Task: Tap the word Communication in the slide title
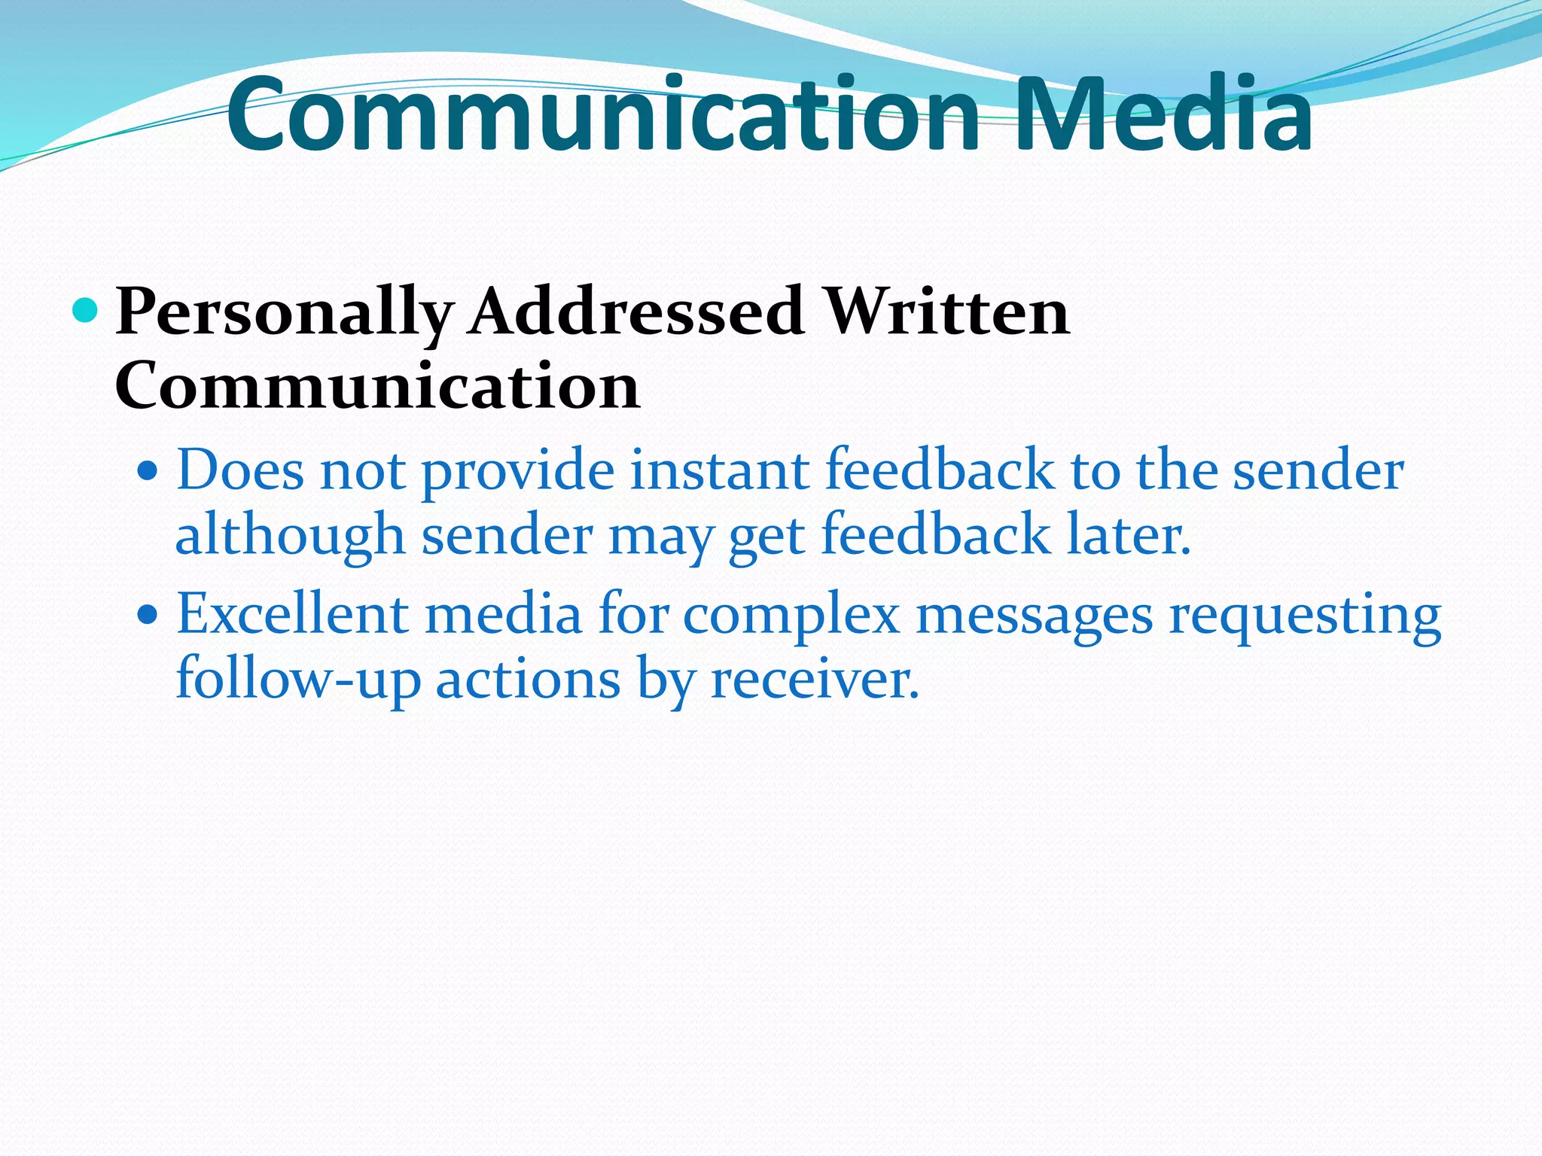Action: pyautogui.click(x=602, y=115)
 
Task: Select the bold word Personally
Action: pyautogui.click(x=285, y=312)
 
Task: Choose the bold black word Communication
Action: pyautogui.click(x=377, y=385)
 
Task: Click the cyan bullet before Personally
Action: pyautogui.click(x=86, y=309)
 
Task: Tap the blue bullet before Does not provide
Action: pyautogui.click(x=148, y=472)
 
